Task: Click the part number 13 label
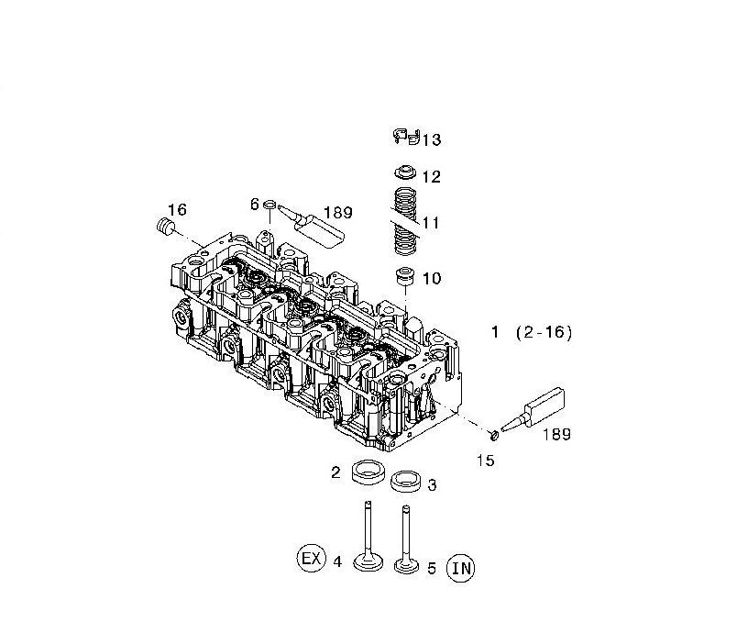click(431, 139)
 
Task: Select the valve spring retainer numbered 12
click(404, 172)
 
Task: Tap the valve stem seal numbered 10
click(403, 275)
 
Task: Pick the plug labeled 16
click(166, 226)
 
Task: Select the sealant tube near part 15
click(540, 408)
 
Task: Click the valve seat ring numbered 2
click(368, 473)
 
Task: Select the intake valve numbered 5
click(405, 541)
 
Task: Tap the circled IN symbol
click(461, 569)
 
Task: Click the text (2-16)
click(543, 333)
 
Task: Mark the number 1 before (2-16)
click(495, 333)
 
